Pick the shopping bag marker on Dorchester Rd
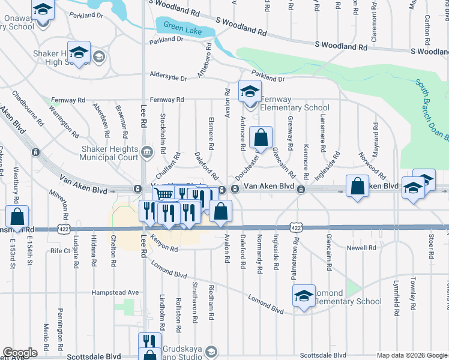[x=261, y=138]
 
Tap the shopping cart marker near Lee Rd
[x=164, y=194]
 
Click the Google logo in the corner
[x=20, y=353]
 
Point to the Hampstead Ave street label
[x=115, y=292]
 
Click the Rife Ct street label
[x=61, y=251]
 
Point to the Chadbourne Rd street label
[x=28, y=108]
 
